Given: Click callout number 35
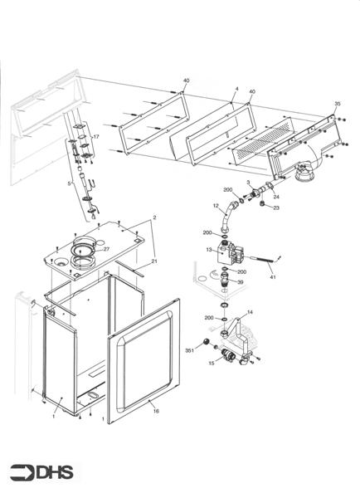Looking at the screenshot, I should point(337,104).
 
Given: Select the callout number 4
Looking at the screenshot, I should point(236,88).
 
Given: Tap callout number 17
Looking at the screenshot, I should point(96,136).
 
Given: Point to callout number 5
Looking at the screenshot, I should point(69,183).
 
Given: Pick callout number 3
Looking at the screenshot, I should point(249,183).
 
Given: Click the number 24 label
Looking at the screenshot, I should point(276,197).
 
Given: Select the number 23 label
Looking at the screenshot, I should point(276,208).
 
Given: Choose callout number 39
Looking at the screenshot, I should point(241,283).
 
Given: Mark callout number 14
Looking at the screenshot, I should point(251,311).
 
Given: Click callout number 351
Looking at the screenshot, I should point(189,351).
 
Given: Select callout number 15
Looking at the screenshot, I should point(212,364).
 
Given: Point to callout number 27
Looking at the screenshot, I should point(106,249).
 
